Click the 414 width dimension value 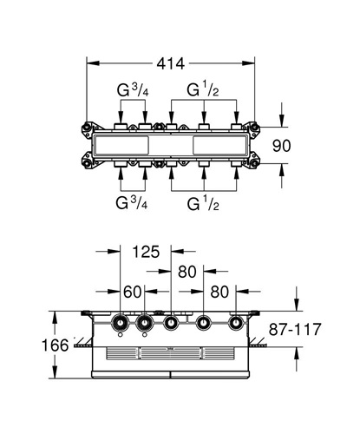pyautogui.click(x=171, y=63)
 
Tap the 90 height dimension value pyautogui.click(x=282, y=146)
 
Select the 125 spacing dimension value pyautogui.click(x=146, y=252)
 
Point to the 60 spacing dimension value pyautogui.click(x=132, y=292)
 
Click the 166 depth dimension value pyautogui.click(x=56, y=345)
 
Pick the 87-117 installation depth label pyautogui.click(x=295, y=329)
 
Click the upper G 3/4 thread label pyautogui.click(x=133, y=89)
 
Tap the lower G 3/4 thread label pyautogui.click(x=132, y=202)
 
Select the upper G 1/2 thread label pyautogui.click(x=203, y=89)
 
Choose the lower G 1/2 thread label pyautogui.click(x=203, y=204)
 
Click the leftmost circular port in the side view pyautogui.click(x=120, y=322)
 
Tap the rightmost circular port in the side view pyautogui.click(x=236, y=322)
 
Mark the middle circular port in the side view pyautogui.click(x=171, y=322)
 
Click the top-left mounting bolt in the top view pyautogui.click(x=87, y=127)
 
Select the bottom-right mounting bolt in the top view pyautogui.click(x=254, y=164)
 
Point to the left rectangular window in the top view pyautogui.click(x=121, y=146)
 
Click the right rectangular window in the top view pyautogui.click(x=219, y=146)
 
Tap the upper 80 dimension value pyautogui.click(x=187, y=272)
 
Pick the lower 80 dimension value pyautogui.click(x=219, y=292)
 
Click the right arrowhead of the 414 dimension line pyautogui.click(x=249, y=63)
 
